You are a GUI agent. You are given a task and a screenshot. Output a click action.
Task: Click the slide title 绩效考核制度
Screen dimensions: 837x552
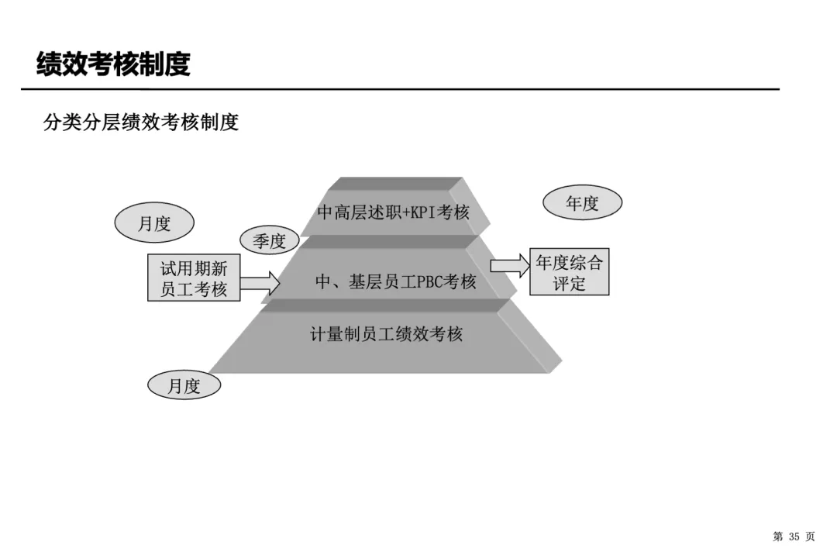click(x=113, y=64)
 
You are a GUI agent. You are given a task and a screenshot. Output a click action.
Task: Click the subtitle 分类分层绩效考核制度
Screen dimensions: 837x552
click(x=141, y=122)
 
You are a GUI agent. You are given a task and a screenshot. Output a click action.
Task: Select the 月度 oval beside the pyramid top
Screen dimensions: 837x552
click(x=154, y=224)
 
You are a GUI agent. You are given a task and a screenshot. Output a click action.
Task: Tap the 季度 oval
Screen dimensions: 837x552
click(x=269, y=241)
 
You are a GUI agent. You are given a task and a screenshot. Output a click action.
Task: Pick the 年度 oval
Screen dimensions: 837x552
click(x=582, y=203)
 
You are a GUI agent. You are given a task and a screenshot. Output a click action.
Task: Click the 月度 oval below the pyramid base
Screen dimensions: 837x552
click(x=184, y=386)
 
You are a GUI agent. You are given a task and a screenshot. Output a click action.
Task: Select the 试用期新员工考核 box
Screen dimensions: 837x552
click(x=194, y=279)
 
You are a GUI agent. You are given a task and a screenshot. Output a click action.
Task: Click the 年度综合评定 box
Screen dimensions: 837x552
click(x=569, y=272)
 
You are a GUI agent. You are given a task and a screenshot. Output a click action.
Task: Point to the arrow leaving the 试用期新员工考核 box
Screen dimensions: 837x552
click(x=261, y=281)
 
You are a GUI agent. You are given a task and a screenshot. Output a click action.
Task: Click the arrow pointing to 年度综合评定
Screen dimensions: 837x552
click(x=508, y=265)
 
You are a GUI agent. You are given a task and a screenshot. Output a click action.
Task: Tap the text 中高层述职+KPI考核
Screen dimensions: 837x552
click(x=394, y=212)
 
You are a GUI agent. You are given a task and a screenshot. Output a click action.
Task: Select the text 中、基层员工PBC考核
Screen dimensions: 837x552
click(x=395, y=282)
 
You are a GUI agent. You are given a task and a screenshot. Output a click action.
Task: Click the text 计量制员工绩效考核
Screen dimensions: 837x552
click(x=386, y=334)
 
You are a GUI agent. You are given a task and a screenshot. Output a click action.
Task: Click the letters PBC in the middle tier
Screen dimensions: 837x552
click(x=429, y=282)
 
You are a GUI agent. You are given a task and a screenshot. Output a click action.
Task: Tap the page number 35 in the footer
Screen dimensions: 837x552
click(x=794, y=536)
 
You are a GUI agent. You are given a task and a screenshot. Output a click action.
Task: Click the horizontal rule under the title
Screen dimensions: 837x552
click(x=399, y=89)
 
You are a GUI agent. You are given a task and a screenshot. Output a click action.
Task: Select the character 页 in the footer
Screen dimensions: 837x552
click(x=811, y=536)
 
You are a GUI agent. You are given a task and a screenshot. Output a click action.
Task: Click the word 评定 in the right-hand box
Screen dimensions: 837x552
click(x=569, y=283)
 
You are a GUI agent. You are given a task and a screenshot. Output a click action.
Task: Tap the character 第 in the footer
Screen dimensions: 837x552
click(x=777, y=536)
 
